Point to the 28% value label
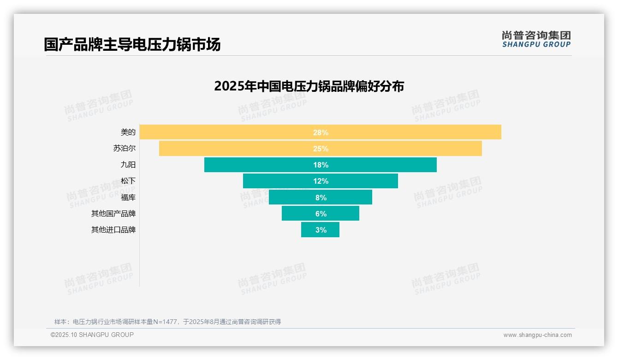[x=321, y=132]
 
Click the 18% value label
[x=321, y=165]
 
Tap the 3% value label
[x=321, y=230]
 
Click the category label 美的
[x=128, y=132]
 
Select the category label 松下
[x=128, y=181]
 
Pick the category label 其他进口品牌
[x=113, y=230]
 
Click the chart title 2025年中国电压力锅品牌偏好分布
[x=309, y=86]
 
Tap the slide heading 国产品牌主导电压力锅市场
[x=132, y=44]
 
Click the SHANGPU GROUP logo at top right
[x=536, y=39]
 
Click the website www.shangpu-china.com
[x=537, y=335]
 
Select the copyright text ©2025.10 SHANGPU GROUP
[x=92, y=335]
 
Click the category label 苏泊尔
[x=125, y=149]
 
